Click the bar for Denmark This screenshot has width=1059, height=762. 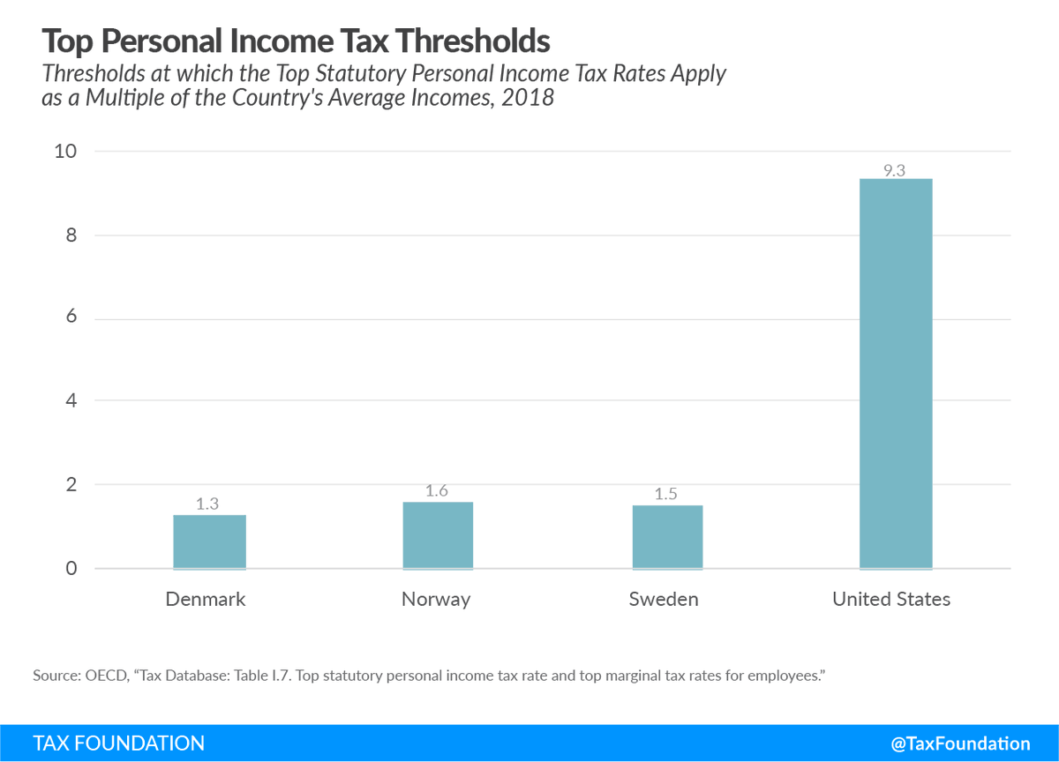point(209,542)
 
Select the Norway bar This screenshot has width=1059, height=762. point(438,535)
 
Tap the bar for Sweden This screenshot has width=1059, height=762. point(666,537)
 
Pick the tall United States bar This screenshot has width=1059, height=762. point(895,374)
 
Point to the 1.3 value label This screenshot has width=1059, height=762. point(207,504)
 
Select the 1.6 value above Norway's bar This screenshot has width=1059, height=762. point(437,491)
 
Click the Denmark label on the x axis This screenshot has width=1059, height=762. point(206,600)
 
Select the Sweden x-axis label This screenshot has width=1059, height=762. point(664,600)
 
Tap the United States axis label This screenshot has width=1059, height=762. point(891,600)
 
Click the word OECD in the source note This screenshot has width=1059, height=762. point(106,676)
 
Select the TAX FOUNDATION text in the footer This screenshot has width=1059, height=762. point(118,743)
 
